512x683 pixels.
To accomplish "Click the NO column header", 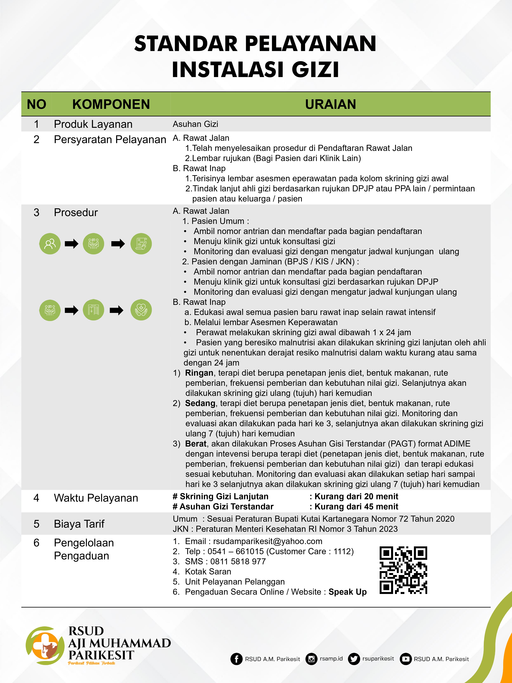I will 36,104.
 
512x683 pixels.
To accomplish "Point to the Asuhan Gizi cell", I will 195,124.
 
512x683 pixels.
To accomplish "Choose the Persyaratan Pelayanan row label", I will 110,140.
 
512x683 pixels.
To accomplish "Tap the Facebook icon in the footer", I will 236,659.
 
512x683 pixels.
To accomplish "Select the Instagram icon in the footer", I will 311,659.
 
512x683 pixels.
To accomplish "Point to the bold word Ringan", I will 199,373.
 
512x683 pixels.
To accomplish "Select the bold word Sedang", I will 200,403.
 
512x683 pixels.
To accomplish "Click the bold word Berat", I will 195,444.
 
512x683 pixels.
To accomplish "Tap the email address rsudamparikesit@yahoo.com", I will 268,541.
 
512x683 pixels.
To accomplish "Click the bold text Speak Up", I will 347,592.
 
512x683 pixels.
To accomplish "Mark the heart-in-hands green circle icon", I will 141,310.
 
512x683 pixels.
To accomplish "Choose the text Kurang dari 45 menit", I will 356,507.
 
